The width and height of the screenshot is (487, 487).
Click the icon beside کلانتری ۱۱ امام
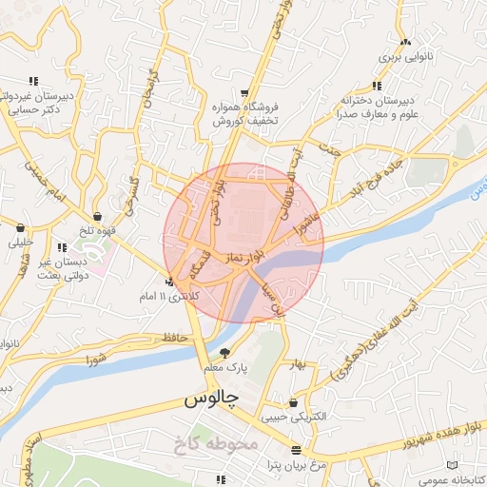pyautogui.click(x=169, y=282)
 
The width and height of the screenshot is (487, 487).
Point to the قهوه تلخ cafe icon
pyautogui.click(x=99, y=217)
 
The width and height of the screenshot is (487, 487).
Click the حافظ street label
pyautogui.click(x=171, y=337)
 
